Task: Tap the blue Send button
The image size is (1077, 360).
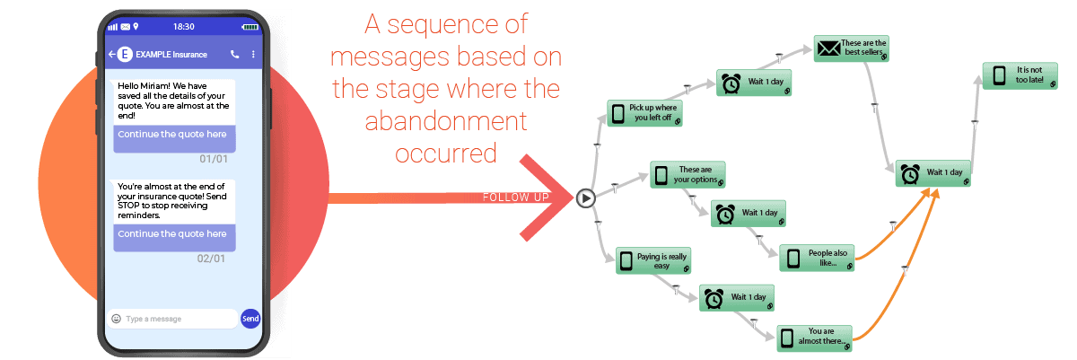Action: click(x=250, y=319)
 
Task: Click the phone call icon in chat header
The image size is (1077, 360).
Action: click(x=234, y=54)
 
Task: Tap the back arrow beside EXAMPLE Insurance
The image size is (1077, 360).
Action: click(x=111, y=54)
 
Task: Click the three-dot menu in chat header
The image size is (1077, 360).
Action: click(x=253, y=54)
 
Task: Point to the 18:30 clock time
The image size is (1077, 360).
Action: click(x=184, y=27)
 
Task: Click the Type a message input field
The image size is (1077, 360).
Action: click(x=172, y=319)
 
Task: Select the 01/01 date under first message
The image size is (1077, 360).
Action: click(x=214, y=159)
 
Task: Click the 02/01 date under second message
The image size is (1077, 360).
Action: click(x=211, y=259)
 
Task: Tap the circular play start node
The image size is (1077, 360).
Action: click(x=585, y=198)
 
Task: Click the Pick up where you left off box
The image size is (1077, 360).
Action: click(x=644, y=113)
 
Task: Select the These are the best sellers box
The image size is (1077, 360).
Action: click(x=852, y=48)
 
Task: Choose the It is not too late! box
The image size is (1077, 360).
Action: click(x=1020, y=75)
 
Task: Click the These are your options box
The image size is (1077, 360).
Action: click(x=687, y=174)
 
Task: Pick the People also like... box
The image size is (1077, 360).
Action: click(x=817, y=258)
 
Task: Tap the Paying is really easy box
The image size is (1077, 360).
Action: click(x=653, y=261)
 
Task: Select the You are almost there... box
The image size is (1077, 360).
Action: click(x=815, y=338)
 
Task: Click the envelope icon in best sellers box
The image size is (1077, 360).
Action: click(x=829, y=48)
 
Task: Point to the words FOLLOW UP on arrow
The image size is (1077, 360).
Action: click(x=515, y=198)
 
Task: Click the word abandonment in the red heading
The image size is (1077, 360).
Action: click(x=446, y=120)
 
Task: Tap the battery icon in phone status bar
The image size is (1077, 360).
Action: click(x=250, y=27)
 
